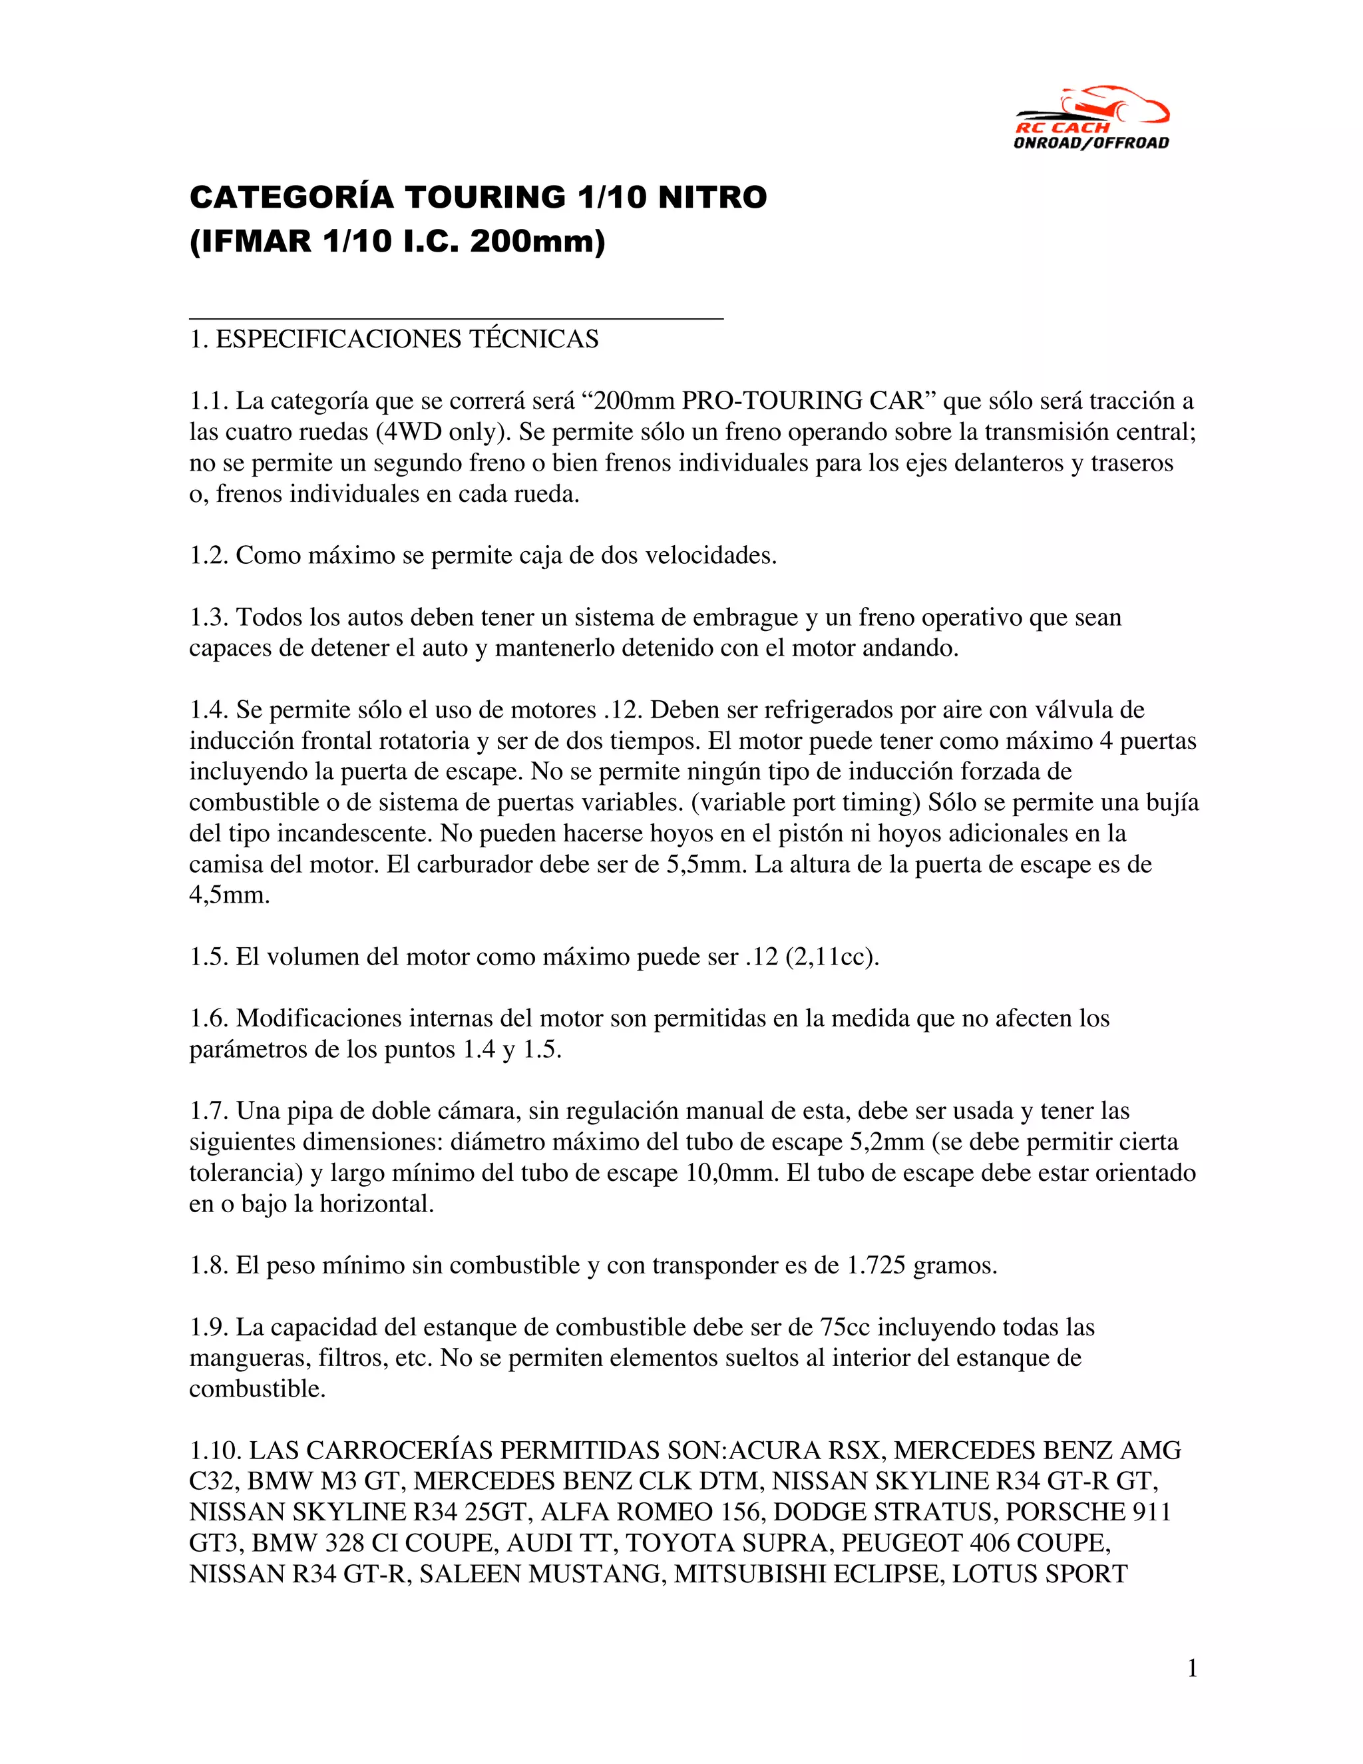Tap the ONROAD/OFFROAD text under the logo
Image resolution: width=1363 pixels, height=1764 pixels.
coord(1091,143)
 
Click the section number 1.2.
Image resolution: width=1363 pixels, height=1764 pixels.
coord(208,556)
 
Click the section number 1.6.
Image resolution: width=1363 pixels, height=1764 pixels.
coord(208,1018)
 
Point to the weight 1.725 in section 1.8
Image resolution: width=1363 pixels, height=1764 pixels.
coord(875,1265)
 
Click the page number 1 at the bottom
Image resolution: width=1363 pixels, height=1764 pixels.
coord(1192,1668)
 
